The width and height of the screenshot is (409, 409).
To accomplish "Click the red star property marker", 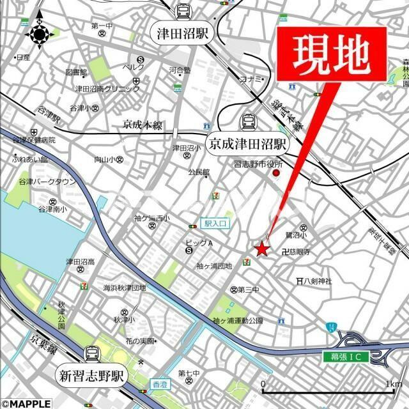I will click(261, 249).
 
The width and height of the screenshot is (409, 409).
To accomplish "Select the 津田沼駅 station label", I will click(183, 34).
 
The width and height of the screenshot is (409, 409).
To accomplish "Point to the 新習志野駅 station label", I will click(92, 375).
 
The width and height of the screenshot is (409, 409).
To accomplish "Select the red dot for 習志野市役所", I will click(277, 173).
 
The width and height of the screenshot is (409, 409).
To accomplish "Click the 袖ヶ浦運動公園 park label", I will click(238, 320).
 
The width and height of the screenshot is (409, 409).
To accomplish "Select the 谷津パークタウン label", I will click(40, 182).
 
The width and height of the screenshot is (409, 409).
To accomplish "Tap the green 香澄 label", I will click(158, 383).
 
